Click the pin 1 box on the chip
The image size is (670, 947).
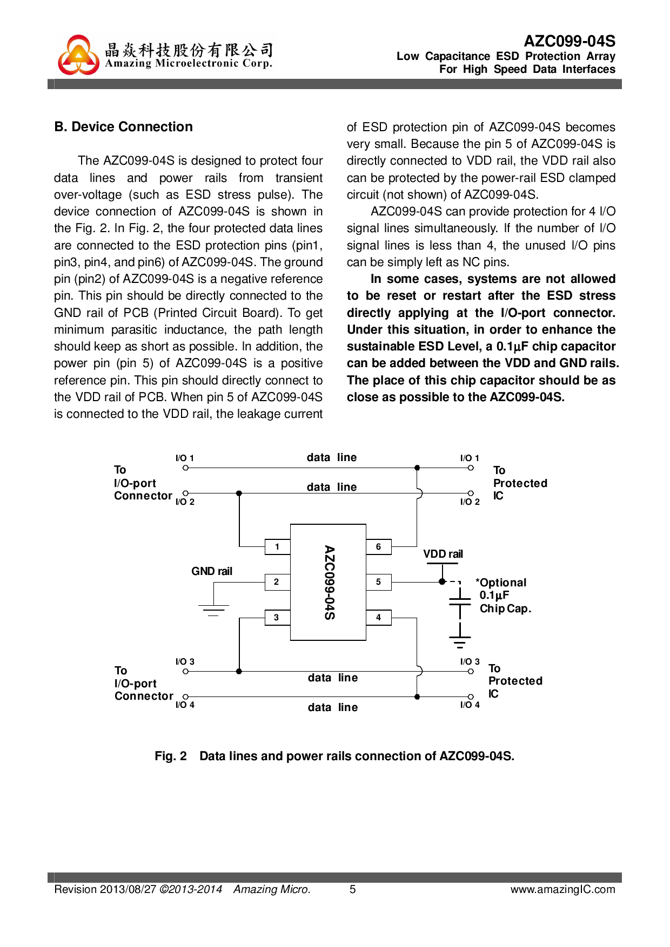[277, 547]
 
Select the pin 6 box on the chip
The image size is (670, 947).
[378, 547]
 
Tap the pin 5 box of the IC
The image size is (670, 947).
[378, 582]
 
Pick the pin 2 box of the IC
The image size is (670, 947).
[277, 582]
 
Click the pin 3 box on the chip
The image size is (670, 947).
[277, 618]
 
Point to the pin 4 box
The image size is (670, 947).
[378, 618]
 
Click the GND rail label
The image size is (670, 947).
[212, 571]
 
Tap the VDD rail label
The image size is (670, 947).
[443, 554]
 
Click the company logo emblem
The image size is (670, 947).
[79, 55]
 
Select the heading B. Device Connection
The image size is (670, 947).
[124, 127]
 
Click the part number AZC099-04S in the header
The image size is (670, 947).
[569, 42]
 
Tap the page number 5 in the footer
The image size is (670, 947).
[353, 890]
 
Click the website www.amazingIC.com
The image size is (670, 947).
[562, 890]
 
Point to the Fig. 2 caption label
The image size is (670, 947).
[171, 756]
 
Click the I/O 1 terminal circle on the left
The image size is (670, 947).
[185, 468]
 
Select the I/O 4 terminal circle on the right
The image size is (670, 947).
[471, 697]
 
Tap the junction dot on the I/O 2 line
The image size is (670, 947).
[239, 493]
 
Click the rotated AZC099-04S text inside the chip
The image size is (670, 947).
[329, 583]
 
